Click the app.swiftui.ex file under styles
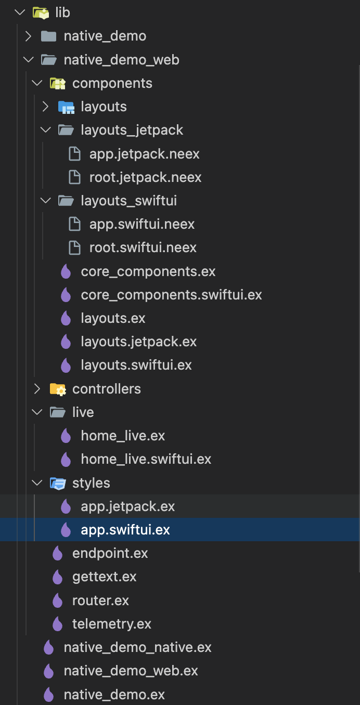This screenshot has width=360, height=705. pos(125,530)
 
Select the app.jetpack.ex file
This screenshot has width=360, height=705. pos(127,506)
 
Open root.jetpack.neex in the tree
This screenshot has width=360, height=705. pos(145,177)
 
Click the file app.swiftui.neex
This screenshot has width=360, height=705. pos(142,224)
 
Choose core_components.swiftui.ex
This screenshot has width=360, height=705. pos(171,295)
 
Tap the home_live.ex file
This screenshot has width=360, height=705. pos(123,436)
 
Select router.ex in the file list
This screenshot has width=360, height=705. pos(100,600)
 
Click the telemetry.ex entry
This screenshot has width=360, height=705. pos(111,624)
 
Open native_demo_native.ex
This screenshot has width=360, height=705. pos(137,647)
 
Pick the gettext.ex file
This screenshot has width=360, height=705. pos(104,577)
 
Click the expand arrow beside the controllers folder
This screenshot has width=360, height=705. pos(37,389)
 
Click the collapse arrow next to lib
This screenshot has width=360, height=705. pos(20,12)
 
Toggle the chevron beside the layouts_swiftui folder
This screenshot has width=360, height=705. pos(46,201)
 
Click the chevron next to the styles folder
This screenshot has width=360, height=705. pos(37,483)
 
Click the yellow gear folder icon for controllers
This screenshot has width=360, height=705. pos(57,389)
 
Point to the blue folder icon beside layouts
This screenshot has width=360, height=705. pos(66,107)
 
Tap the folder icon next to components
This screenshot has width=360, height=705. pos(57,83)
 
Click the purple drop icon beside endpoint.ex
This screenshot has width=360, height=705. pos(57,554)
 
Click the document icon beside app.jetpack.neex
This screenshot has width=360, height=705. pos(75,154)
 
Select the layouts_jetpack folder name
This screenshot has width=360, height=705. pos(132,130)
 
